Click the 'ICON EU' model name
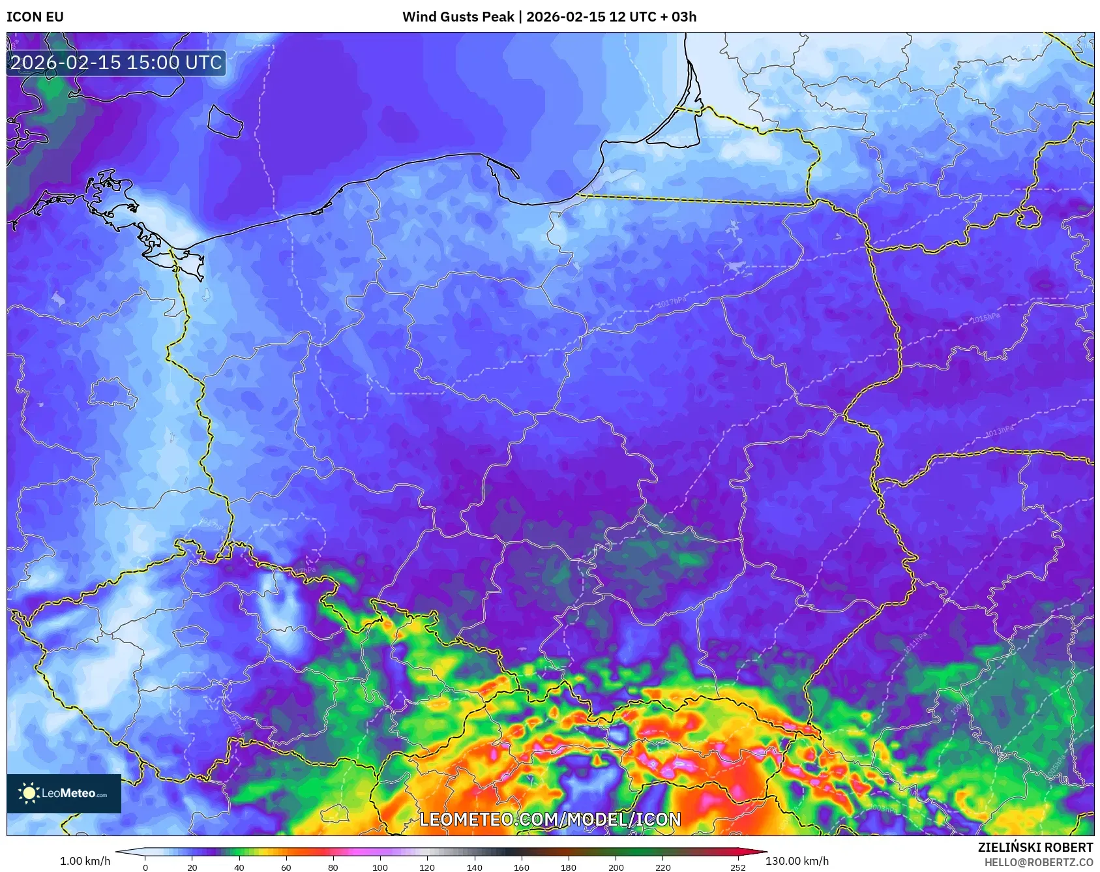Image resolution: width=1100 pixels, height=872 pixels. [35, 17]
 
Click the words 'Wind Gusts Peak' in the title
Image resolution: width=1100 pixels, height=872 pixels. [458, 17]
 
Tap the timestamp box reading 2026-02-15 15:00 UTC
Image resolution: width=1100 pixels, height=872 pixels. [116, 63]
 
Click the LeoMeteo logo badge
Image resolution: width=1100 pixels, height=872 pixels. [64, 793]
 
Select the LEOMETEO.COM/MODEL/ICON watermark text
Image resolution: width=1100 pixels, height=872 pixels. [550, 819]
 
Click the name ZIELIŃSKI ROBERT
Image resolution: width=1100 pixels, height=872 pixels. [1035, 847]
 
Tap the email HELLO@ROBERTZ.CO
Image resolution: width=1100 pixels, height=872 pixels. [1038, 862]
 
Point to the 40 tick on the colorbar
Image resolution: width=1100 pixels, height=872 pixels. [239, 867]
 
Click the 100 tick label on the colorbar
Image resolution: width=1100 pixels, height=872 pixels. [380, 867]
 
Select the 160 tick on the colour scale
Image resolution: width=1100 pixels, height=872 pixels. [522, 867]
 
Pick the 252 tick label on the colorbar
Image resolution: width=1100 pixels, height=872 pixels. [737, 867]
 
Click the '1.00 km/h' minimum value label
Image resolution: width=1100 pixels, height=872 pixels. [85, 861]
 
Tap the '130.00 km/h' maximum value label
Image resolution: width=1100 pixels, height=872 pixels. [797, 861]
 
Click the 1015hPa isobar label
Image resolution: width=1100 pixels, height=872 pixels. [985, 318]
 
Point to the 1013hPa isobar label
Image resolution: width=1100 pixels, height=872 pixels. [999, 430]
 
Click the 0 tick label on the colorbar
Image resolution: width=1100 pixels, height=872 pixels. [145, 867]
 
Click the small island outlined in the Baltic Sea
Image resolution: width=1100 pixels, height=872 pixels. [225, 121]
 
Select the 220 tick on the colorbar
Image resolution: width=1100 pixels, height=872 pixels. [662, 867]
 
